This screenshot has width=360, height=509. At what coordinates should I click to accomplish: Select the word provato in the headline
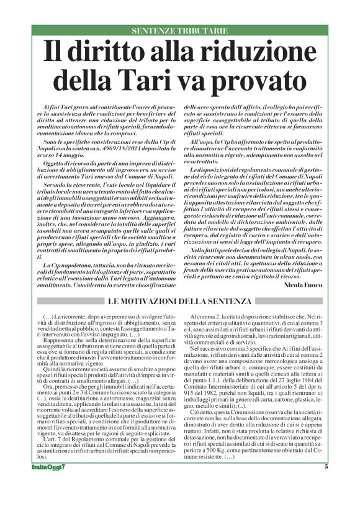259,80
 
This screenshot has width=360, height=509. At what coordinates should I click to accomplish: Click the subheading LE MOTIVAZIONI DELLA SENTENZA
180,302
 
